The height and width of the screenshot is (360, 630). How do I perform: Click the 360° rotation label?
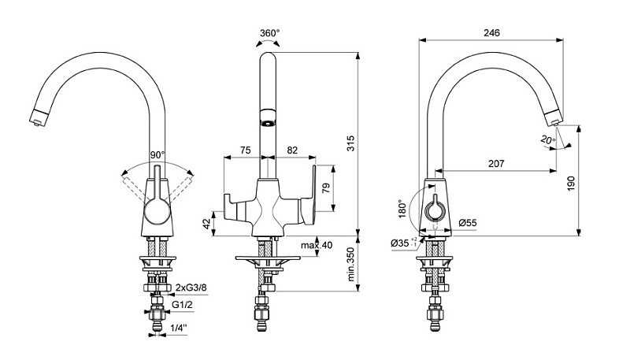tap(269, 33)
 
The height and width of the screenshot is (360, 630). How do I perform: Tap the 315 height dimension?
tap(350, 143)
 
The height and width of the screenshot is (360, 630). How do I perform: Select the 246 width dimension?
tap(491, 32)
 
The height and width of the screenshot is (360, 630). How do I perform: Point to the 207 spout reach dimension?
tap(496, 164)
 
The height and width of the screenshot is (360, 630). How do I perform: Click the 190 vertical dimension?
tap(572, 184)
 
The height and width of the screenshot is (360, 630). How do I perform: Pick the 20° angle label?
tap(547, 140)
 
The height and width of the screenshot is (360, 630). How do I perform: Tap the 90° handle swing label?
tap(157, 154)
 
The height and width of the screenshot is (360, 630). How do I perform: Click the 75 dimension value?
tap(245, 150)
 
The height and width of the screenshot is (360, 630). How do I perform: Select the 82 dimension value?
tap(292, 150)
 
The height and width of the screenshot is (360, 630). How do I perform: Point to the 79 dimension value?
tap(326, 188)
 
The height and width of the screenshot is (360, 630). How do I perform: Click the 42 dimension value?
tap(206, 225)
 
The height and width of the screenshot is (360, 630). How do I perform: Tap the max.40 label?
tap(317, 245)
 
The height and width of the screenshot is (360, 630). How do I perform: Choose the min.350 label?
tap(350, 264)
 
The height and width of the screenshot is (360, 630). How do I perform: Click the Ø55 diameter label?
tap(468, 223)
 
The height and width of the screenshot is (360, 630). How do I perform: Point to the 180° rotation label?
tap(403, 209)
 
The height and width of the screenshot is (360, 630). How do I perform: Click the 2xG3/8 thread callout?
tap(191, 288)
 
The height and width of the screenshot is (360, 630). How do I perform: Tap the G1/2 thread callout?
tap(182, 305)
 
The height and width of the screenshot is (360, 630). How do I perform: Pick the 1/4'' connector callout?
tap(179, 328)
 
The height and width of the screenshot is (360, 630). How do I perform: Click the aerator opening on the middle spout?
tap(268, 124)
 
